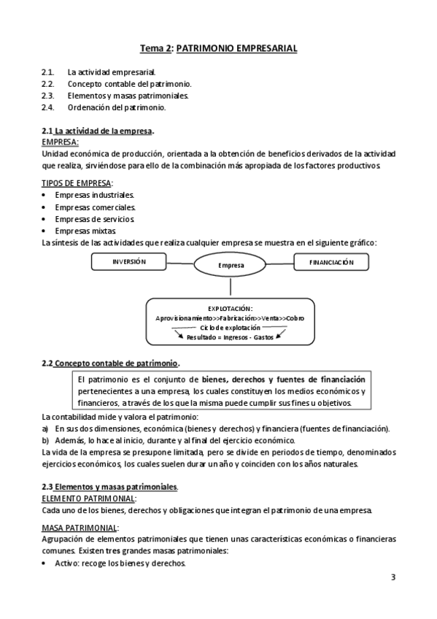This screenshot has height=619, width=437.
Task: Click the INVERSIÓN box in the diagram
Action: [129, 261]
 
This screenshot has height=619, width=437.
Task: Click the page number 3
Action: [392, 577]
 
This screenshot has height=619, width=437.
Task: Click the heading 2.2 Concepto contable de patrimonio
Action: [110, 363]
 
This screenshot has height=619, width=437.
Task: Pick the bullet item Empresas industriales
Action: [94, 195]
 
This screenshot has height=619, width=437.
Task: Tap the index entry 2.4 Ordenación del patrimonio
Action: [116, 107]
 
